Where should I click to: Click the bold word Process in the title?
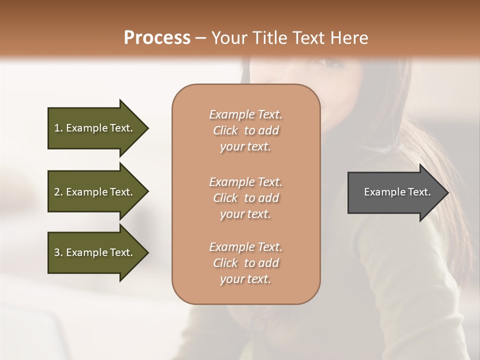pos(157,38)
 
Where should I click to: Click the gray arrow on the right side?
pos(395,192)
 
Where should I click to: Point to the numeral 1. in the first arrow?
pos(58,128)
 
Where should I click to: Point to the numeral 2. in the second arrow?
pos(58,192)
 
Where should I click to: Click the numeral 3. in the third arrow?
pos(58,252)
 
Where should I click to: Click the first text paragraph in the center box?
pos(246,130)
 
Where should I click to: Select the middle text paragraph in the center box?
pos(246,197)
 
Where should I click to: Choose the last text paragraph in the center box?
pos(246,263)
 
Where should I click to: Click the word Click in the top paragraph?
pos(225,130)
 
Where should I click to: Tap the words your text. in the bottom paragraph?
pos(245,279)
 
